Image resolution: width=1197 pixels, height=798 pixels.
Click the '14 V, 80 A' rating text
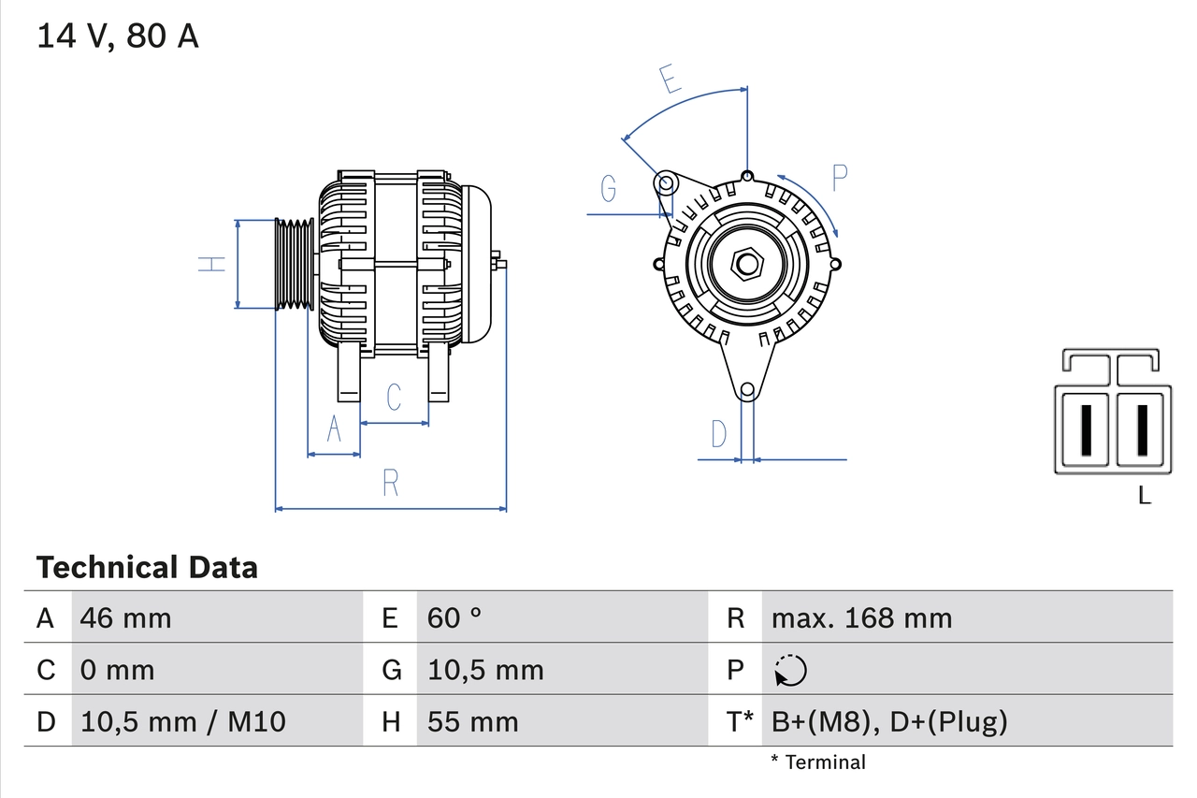pos(117,36)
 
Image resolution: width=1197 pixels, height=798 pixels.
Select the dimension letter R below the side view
pos(391,483)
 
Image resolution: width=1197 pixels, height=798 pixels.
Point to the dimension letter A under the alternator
pos(334,429)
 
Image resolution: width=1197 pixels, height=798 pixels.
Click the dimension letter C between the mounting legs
pos(394,397)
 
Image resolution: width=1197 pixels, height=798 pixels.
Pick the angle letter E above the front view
pos(669,80)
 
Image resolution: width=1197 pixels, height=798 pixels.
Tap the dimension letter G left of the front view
pos(609,188)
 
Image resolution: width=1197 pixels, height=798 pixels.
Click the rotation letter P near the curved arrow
pos(839,178)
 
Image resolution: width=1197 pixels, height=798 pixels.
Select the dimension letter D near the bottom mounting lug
pos(718,434)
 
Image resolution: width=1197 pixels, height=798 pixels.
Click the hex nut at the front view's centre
pos(746,264)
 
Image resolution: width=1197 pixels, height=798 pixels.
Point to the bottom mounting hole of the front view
pos(747,390)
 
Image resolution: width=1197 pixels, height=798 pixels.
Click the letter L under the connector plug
pos(1144,496)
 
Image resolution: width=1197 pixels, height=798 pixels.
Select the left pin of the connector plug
pos(1086,430)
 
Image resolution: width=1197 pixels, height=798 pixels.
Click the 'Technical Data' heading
pos(147,567)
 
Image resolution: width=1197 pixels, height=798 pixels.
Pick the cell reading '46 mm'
pos(126,617)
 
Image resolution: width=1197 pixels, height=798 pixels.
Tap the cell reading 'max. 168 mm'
pos(861,617)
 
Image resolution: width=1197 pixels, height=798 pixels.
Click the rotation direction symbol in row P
pos(790,670)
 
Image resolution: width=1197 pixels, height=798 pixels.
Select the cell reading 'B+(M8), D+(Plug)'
pos(889,721)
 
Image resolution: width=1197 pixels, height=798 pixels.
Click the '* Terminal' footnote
pos(818,762)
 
